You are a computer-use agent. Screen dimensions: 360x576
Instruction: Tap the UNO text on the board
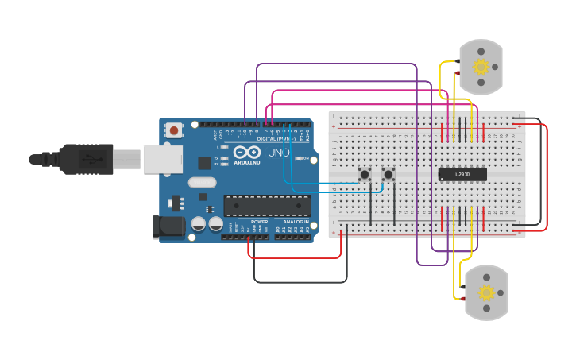click(278, 152)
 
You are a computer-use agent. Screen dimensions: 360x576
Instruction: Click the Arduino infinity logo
click(247, 152)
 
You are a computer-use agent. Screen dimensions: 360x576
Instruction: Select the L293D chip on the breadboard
click(462, 174)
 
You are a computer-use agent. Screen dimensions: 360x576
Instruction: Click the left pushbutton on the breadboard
click(365, 174)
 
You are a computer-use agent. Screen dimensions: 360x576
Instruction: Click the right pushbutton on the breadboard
click(389, 174)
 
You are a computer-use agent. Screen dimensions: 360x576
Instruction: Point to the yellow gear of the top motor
click(481, 67)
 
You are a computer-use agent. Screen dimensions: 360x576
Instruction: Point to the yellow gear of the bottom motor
click(486, 292)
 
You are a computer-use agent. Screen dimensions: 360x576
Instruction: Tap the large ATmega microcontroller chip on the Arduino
click(267, 206)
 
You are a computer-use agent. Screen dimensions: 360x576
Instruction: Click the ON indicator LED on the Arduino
click(297, 158)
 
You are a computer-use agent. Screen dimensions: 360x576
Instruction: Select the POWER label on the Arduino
click(259, 222)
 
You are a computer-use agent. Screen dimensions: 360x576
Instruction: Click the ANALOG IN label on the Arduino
click(295, 222)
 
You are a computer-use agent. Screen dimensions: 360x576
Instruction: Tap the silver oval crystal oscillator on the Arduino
click(202, 182)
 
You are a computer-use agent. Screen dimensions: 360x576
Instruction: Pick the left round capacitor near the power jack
click(199, 224)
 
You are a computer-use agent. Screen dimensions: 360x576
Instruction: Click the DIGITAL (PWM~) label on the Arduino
click(275, 138)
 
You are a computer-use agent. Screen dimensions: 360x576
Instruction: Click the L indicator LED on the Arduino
click(226, 148)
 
